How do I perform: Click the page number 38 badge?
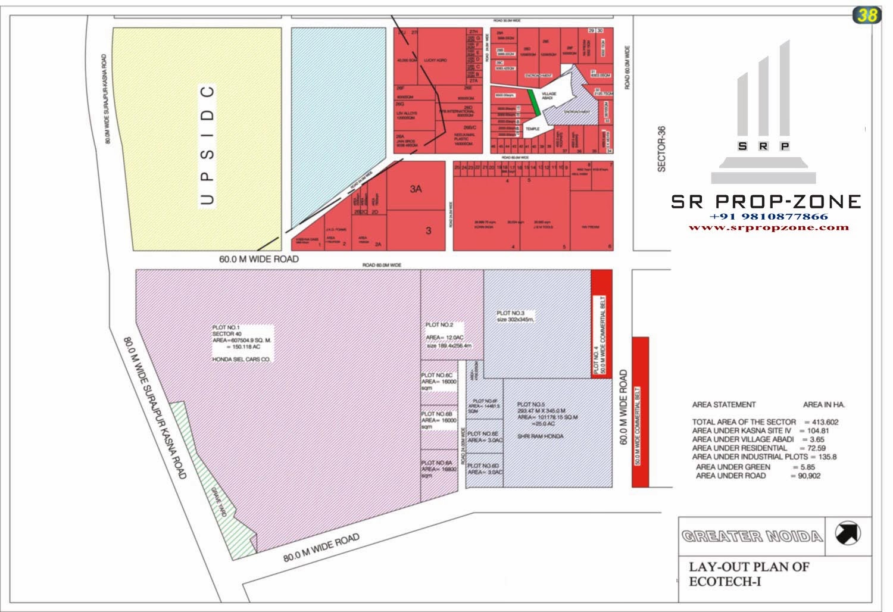pyautogui.click(x=866, y=15)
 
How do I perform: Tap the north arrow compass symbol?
pyautogui.click(x=847, y=533)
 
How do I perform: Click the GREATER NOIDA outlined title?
pyautogui.click(x=752, y=536)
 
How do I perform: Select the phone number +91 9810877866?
pyautogui.click(x=769, y=217)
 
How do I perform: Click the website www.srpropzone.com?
pyautogui.click(x=769, y=227)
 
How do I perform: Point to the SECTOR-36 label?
pyautogui.click(x=661, y=149)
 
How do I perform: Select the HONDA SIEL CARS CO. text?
pyautogui.click(x=241, y=360)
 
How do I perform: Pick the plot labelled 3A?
pyautogui.click(x=416, y=189)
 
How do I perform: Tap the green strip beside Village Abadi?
pyautogui.click(x=535, y=102)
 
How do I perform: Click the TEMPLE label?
pyautogui.click(x=532, y=129)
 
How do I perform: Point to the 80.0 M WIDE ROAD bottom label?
pyautogui.click(x=321, y=548)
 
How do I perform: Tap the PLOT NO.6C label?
pyautogui.click(x=436, y=376)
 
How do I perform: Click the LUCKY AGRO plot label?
pyautogui.click(x=435, y=60)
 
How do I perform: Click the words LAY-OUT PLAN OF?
pyautogui.click(x=749, y=567)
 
